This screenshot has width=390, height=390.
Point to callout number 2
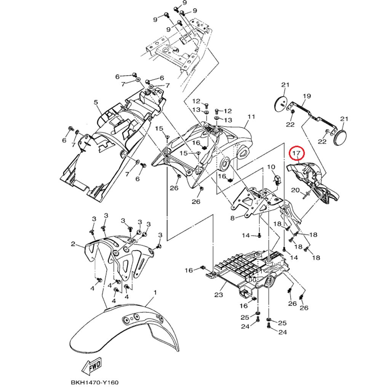(73, 244)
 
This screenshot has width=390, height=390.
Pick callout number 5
(96, 102)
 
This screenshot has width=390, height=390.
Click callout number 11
(251, 116)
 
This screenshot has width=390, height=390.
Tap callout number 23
(218, 294)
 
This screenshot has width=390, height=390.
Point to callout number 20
(295, 190)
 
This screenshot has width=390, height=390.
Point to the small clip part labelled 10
(277, 178)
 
